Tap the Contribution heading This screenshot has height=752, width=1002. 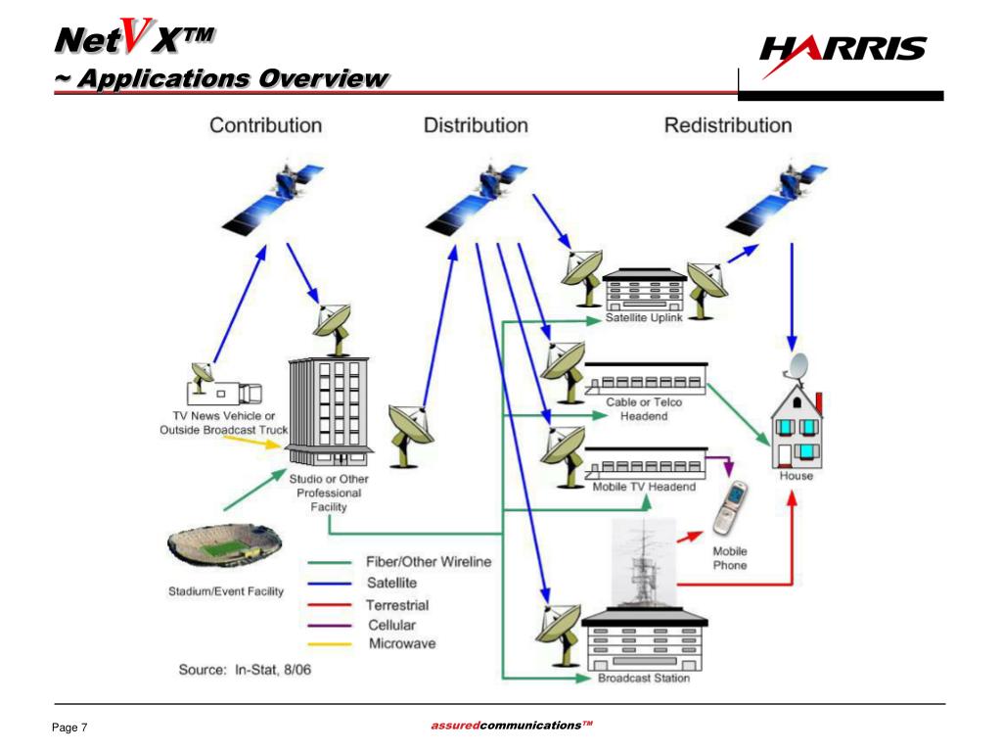coord(265,125)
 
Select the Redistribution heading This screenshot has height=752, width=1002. coord(728,125)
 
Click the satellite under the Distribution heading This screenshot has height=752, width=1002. coord(480,196)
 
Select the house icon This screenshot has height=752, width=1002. coord(795,421)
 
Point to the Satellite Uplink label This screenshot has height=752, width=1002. coord(643,318)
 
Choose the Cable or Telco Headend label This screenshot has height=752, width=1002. coord(643,409)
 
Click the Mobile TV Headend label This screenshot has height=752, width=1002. coord(645,488)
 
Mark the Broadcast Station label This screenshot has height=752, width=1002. coord(643,679)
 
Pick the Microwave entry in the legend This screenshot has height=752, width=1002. coord(401,643)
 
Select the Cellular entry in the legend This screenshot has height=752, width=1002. coord(391,625)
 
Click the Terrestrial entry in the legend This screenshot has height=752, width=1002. coord(397,605)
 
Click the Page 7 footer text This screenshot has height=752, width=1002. coord(69,728)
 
